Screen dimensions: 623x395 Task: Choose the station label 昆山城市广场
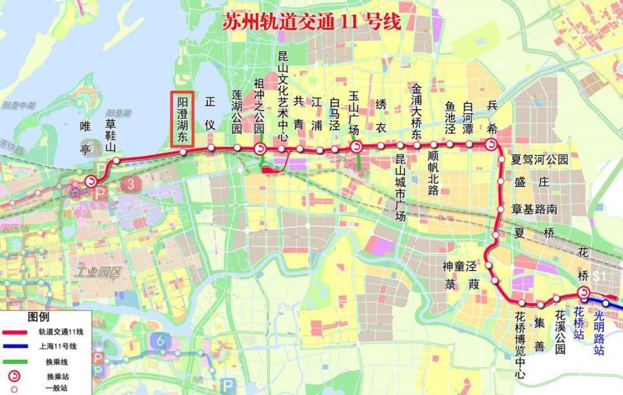[400, 188]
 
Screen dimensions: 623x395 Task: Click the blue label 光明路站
[599, 331]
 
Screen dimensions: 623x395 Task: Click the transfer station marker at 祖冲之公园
[260, 149]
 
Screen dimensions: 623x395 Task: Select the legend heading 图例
[38, 318]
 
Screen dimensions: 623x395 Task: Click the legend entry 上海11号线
[56, 346]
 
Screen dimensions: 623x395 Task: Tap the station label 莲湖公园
[237, 112]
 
